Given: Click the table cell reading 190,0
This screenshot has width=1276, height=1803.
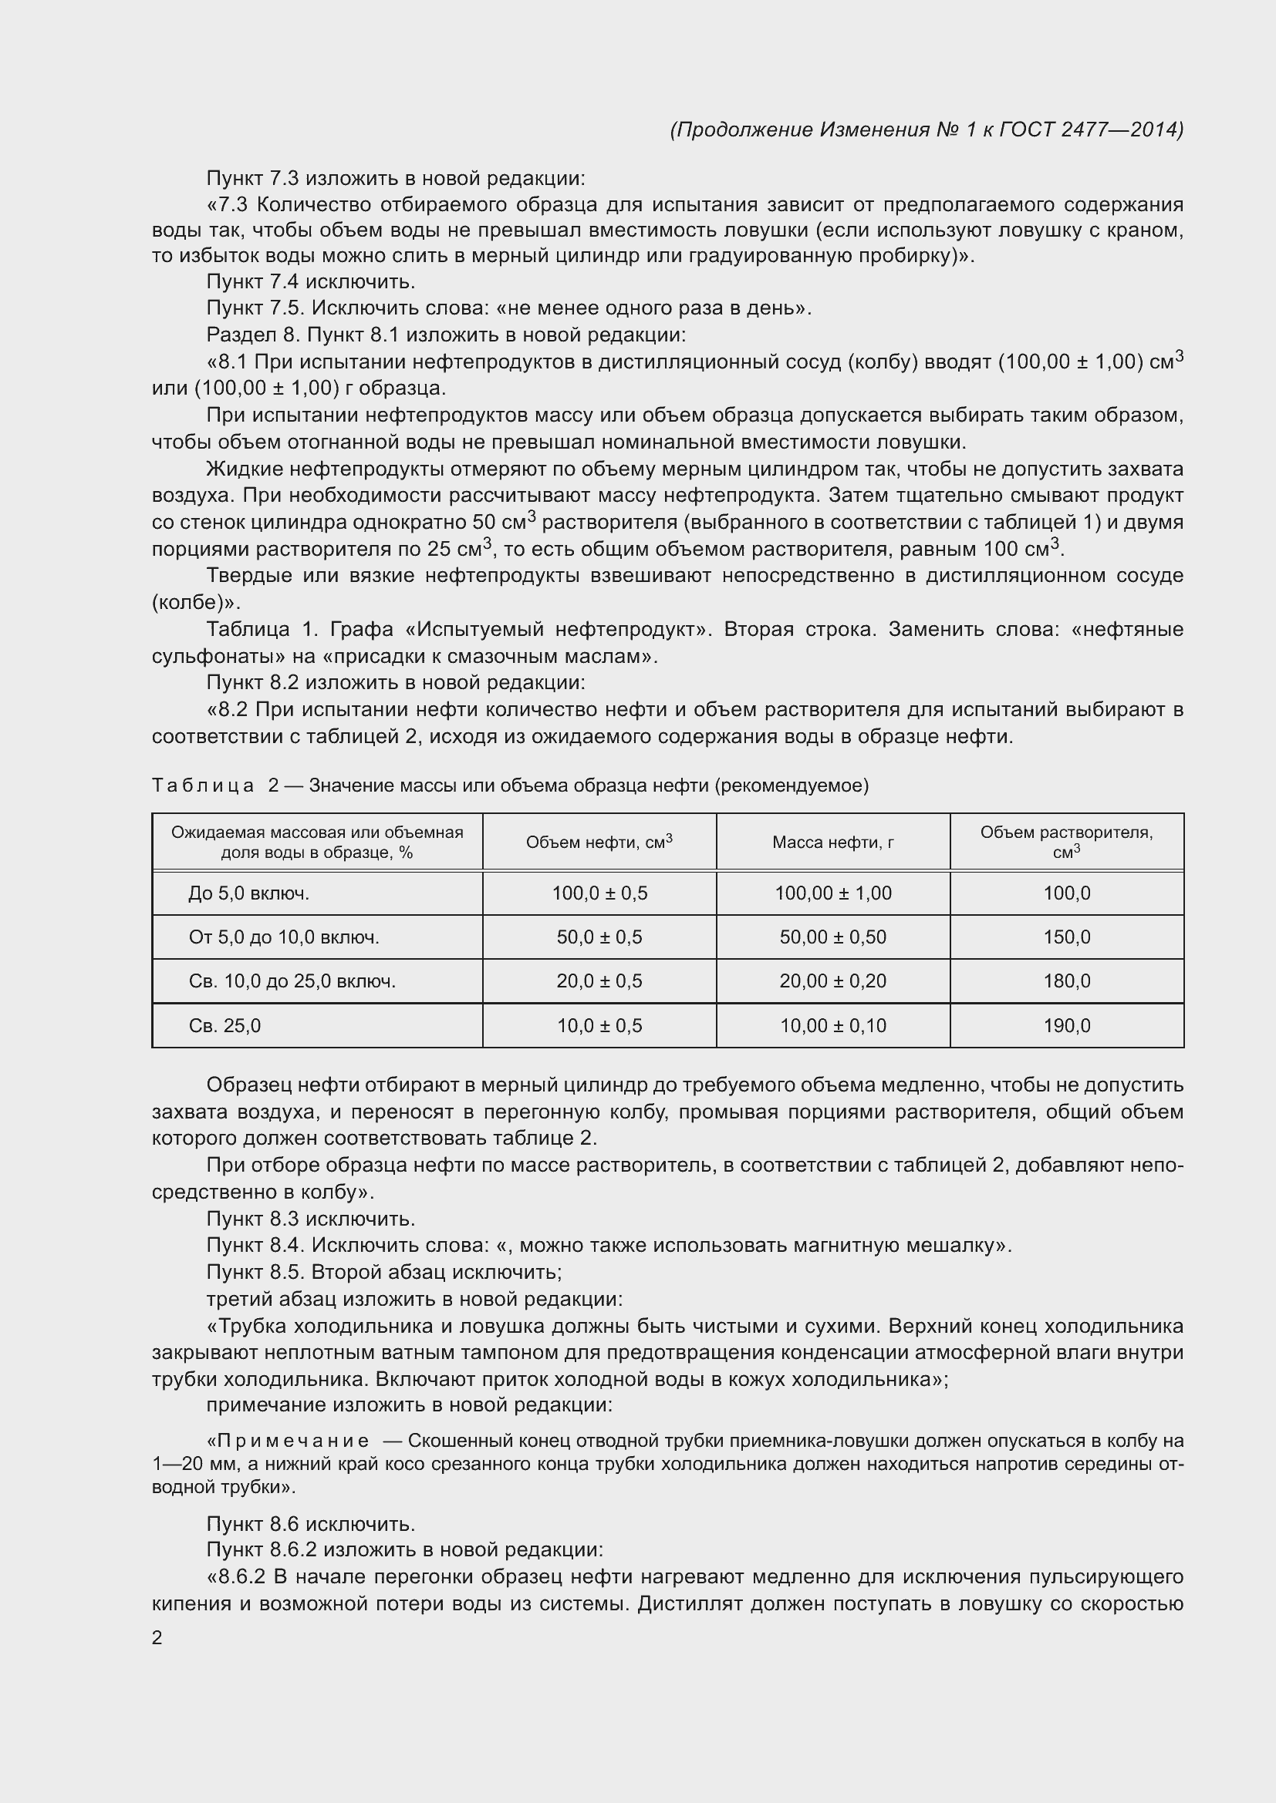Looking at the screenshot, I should tap(1066, 1025).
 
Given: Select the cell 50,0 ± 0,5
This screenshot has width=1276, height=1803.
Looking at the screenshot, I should tap(599, 937).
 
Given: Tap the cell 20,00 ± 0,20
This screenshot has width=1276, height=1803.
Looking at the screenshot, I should tap(833, 981).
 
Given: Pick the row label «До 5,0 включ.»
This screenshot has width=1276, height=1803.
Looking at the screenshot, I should tap(249, 893).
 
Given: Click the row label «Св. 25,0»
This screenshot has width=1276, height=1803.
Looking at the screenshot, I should tap(224, 1025).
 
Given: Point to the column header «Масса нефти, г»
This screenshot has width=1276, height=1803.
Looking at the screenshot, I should tap(833, 843).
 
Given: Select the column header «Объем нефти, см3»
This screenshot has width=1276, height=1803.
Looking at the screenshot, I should tap(599, 843).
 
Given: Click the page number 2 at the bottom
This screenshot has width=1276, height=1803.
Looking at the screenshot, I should tap(157, 1637).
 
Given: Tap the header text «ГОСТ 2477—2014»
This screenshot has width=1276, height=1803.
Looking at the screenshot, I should tap(1092, 130).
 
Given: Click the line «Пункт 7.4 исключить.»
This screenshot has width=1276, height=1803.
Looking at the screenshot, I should tap(310, 281).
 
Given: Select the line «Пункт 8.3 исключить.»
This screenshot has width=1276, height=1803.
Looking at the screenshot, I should tap(310, 1219).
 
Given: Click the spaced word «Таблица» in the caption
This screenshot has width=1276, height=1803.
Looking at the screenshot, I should tap(203, 785).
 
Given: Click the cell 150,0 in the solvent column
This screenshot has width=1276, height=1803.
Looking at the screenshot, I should tap(1066, 937).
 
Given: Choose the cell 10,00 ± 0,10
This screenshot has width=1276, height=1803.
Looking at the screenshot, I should tap(833, 1025).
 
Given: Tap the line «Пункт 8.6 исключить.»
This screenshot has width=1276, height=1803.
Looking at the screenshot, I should tap(310, 1524).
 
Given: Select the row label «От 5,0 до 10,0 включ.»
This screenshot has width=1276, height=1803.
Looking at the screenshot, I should tap(284, 937).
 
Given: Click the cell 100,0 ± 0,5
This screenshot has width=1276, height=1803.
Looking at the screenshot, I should tap(599, 893).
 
